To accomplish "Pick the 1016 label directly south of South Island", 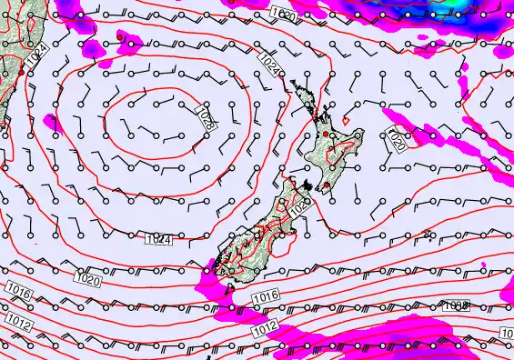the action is coord(264,297).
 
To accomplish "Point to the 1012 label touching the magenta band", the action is coord(264,325).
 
